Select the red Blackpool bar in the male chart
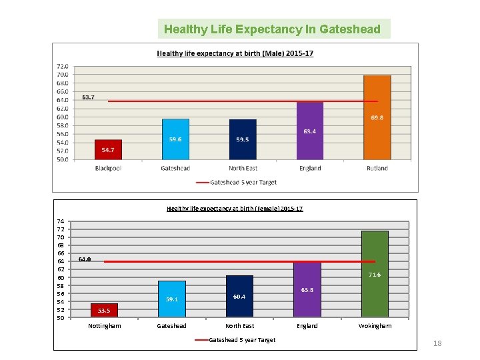click(108, 150)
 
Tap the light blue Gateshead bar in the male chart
click(175, 139)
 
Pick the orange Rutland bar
click(377, 117)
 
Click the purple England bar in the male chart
click(309, 131)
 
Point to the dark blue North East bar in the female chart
click(239, 296)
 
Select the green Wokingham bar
click(374, 274)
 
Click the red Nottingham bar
click(104, 310)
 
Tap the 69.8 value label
click(377, 118)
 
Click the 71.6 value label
click(374, 275)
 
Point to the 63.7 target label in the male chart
click(88, 97)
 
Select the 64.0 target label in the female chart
click(85, 259)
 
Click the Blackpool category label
click(108, 169)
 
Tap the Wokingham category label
click(375, 326)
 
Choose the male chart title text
click(235, 53)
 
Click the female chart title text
click(235, 209)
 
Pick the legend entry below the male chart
click(236, 182)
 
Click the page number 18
click(437, 343)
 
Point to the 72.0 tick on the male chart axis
click(62, 66)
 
